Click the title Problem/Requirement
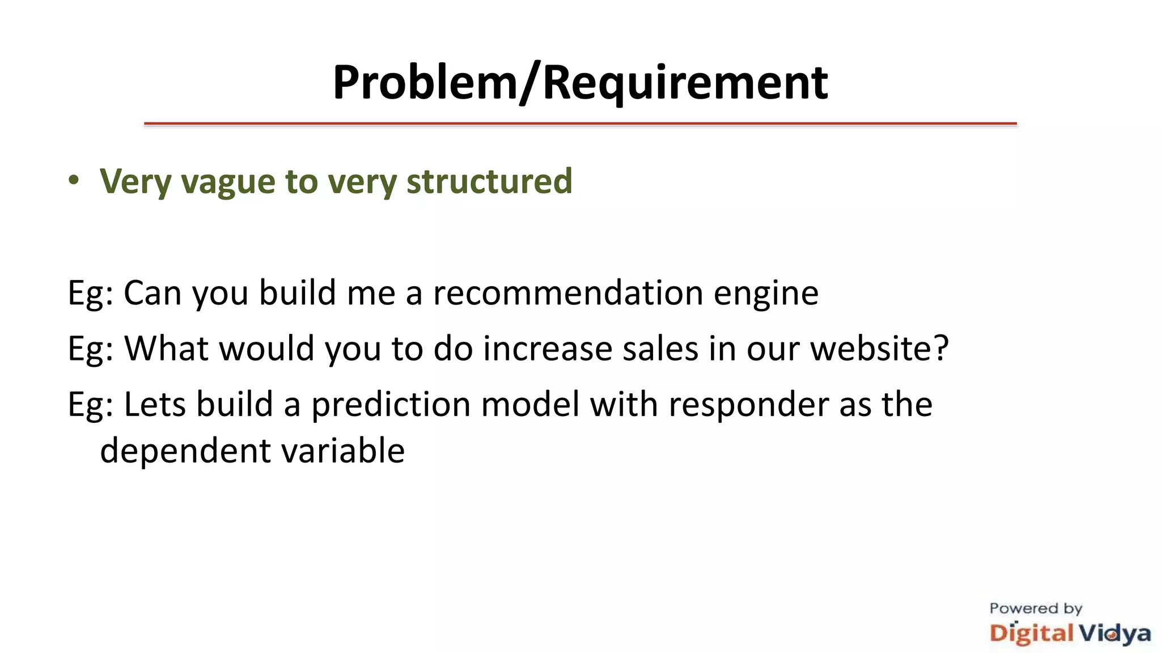[580, 83]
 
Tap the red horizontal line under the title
[580, 123]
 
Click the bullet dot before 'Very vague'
[74, 180]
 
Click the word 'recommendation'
[567, 293]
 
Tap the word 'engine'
[765, 294]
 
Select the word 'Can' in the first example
[152, 293]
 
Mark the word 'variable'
[343, 451]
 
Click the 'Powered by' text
[1036, 609]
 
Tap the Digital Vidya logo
[1070, 633]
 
